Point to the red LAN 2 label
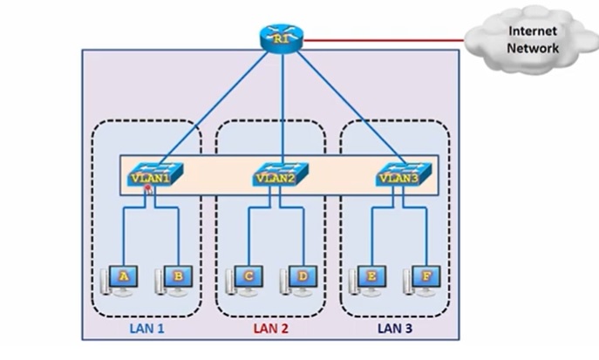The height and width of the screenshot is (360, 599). coord(270,329)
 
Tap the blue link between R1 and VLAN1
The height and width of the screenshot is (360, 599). coord(218,105)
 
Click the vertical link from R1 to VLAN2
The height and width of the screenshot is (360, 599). coord(283,105)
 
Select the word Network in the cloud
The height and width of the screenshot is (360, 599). coord(533,49)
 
